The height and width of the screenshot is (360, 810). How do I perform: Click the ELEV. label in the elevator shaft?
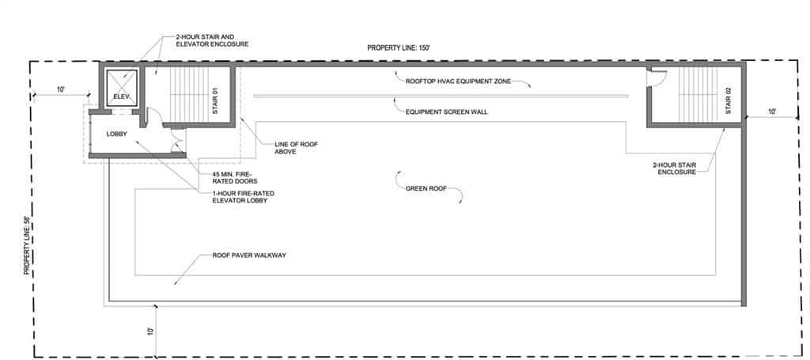click(x=120, y=96)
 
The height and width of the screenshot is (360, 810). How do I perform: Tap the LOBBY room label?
click(x=117, y=134)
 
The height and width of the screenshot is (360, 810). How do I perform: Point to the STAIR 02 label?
click(x=729, y=101)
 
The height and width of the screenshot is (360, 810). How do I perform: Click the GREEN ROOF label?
click(x=426, y=188)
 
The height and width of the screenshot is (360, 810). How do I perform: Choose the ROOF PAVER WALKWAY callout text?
click(x=249, y=256)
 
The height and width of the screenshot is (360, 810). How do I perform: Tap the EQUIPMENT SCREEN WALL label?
click(x=446, y=112)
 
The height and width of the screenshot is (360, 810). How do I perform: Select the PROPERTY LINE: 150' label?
click(x=399, y=48)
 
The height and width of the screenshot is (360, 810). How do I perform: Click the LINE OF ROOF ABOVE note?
click(x=297, y=148)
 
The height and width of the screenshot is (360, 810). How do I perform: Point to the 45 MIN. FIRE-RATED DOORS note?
click(x=235, y=178)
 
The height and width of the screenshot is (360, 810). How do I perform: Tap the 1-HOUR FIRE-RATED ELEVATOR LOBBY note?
click(x=244, y=197)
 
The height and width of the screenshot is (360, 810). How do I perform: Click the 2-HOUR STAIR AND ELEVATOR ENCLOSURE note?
click(x=212, y=41)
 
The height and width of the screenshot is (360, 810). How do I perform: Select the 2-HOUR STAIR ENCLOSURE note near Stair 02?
click(x=674, y=169)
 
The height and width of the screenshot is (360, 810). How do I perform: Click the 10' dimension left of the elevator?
click(x=60, y=89)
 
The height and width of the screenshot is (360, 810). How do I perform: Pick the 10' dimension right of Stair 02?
click(x=772, y=111)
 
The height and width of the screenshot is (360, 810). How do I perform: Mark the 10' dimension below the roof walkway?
click(x=150, y=331)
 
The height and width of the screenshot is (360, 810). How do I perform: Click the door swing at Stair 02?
click(x=654, y=78)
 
